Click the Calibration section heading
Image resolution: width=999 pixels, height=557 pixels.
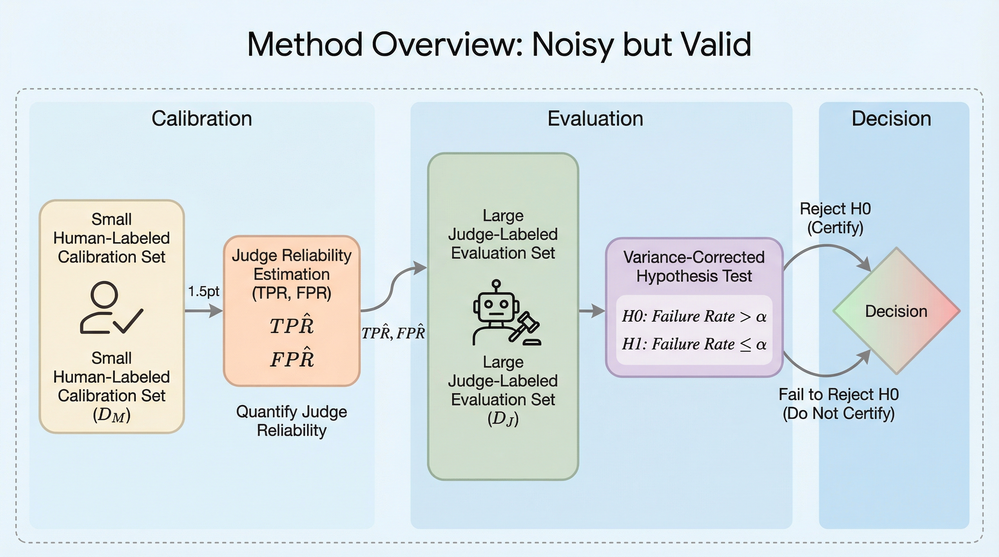click(x=202, y=119)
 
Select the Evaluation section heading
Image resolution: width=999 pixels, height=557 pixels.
click(x=595, y=119)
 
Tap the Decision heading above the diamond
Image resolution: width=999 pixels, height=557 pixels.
click(x=891, y=119)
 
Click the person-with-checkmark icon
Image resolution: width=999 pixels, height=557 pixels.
click(x=111, y=308)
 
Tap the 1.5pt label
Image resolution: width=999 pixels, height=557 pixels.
click(x=204, y=291)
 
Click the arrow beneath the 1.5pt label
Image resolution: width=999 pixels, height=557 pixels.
click(x=204, y=311)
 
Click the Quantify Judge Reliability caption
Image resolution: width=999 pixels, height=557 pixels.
click(x=291, y=421)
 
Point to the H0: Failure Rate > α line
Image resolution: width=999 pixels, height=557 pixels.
click(x=694, y=317)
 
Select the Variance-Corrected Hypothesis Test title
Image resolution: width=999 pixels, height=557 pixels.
click(x=694, y=267)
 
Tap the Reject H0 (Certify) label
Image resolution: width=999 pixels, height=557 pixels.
click(x=835, y=218)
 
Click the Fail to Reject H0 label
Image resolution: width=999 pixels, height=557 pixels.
click(x=839, y=395)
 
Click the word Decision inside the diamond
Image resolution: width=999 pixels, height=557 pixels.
click(x=896, y=311)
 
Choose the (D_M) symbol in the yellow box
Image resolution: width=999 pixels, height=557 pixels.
click(x=112, y=415)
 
